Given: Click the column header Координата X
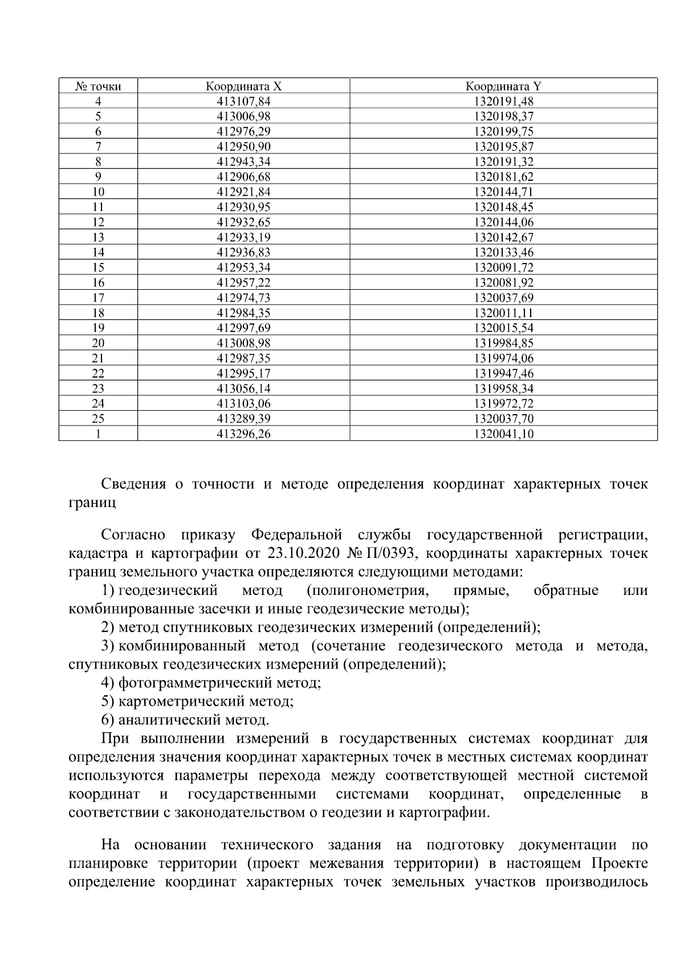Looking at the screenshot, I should tap(243, 87).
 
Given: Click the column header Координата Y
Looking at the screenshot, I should tap(503, 87).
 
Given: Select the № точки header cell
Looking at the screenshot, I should tap(98, 87).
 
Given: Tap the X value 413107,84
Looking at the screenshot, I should tap(243, 102).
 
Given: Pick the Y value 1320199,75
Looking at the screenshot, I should tap(503, 132).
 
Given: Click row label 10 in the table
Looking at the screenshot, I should tap(98, 192).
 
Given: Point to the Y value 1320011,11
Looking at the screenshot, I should tap(503, 313).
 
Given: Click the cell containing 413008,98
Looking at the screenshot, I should tap(243, 343).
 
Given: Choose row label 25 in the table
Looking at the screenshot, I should tap(98, 419).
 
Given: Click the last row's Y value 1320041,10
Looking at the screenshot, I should tap(503, 434).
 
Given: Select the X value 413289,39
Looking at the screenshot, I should tap(243, 419).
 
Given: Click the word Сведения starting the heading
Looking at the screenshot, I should tap(133, 484).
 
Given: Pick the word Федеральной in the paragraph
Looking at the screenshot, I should tap(296, 535).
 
